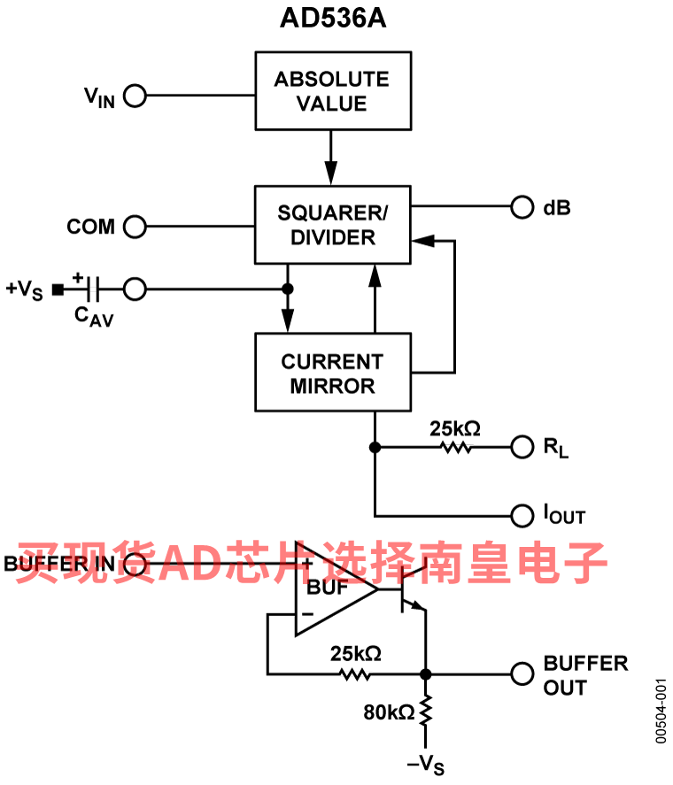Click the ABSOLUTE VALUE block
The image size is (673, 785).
[x=333, y=91]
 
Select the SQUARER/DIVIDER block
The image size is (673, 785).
[x=333, y=225]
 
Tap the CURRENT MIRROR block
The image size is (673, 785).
[x=333, y=373]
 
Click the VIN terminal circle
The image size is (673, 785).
[x=135, y=96]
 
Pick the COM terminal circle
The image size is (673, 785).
[x=135, y=227]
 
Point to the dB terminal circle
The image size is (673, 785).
[x=523, y=208]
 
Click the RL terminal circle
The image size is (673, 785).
[x=523, y=447]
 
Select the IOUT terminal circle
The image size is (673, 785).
[x=523, y=514]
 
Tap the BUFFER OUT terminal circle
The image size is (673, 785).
[x=523, y=673]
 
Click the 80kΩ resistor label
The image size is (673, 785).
[x=389, y=711]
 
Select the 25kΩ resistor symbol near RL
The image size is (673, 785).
[x=456, y=448]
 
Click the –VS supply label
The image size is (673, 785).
[x=425, y=763]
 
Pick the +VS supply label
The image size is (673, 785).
[x=24, y=289]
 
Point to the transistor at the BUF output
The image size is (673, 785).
[x=409, y=591]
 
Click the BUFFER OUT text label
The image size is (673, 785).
[x=584, y=674]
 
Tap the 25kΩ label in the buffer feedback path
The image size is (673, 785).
[x=355, y=654]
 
